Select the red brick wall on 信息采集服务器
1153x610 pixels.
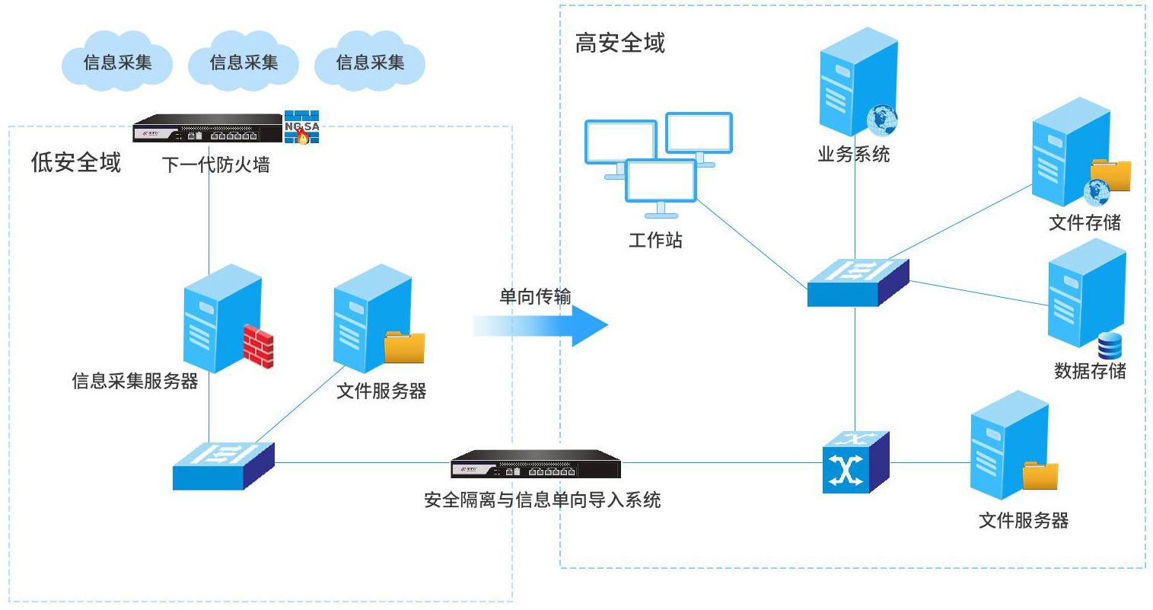tap(258, 347)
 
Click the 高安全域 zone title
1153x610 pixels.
tap(619, 43)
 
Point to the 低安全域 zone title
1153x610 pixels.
tap(75, 162)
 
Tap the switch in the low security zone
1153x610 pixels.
tap(222, 465)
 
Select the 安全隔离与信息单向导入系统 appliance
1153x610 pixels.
tap(536, 464)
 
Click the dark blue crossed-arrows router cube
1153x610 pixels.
tap(855, 461)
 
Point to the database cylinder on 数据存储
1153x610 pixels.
tap(1110, 346)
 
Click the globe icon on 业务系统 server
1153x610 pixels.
tap(881, 120)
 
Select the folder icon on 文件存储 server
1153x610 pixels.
tap(1111, 175)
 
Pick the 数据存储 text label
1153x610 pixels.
tap(1090, 371)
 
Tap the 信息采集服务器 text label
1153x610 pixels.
tap(135, 381)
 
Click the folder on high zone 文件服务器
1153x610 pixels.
tap(1040, 475)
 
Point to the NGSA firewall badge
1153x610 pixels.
tap(301, 127)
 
